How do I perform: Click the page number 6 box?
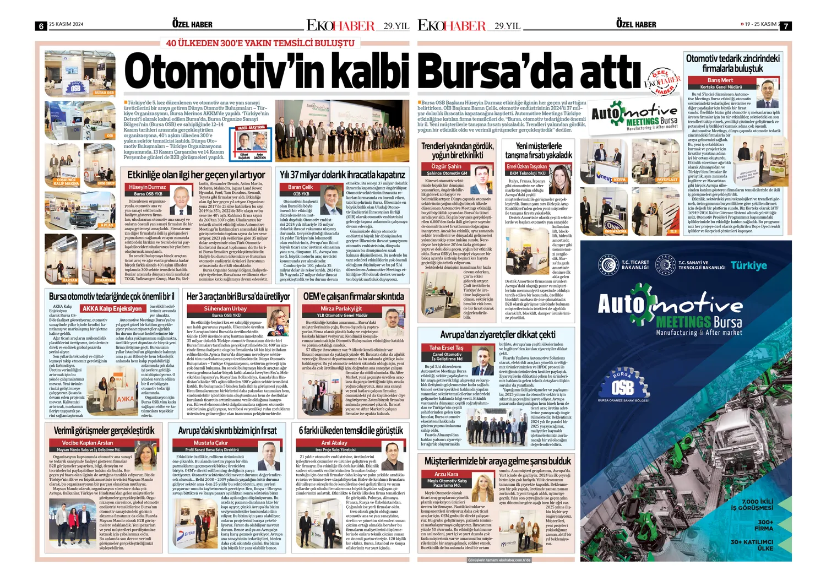[x=40, y=26]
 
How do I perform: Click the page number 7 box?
[x=786, y=26]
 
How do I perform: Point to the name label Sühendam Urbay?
[x=225, y=309]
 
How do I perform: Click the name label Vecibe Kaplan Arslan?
[x=88, y=443]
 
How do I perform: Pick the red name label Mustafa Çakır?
[x=211, y=443]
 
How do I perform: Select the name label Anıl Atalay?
[x=334, y=443]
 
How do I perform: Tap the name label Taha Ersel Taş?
[x=446, y=347]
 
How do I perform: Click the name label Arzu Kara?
[x=446, y=474]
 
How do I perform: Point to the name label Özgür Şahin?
[x=447, y=166]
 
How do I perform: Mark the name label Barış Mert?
[x=720, y=80]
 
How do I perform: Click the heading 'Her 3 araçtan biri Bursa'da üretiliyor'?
[x=238, y=297]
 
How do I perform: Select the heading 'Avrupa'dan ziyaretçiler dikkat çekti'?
[x=498, y=335]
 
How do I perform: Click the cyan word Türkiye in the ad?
[x=749, y=265]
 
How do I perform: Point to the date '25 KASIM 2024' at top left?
[x=66, y=24]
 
